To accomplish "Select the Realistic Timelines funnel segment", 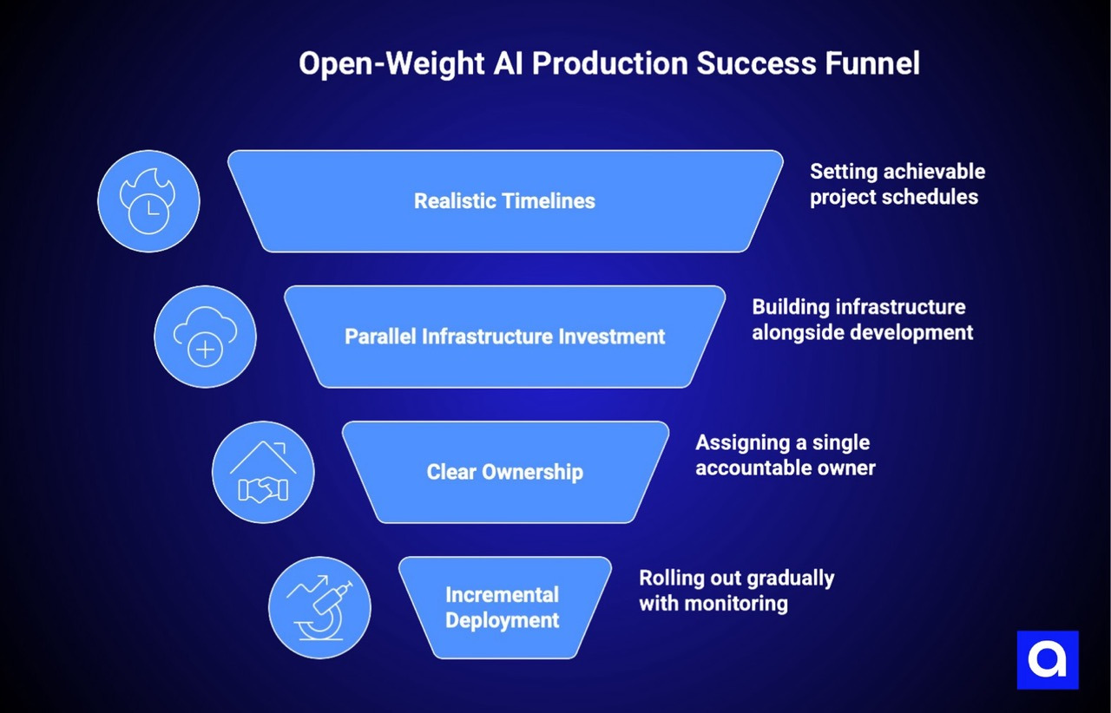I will pos(504,201).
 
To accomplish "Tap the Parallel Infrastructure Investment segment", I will pos(504,337).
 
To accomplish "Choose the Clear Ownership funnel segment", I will pos(504,472).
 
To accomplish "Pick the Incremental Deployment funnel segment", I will pos(503,607).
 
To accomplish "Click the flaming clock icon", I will pos(148,201).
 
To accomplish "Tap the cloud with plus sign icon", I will pos(205,337).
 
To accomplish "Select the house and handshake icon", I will pos(263,472).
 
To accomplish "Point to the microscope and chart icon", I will pos(319,607).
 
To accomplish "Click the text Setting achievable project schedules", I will pos(897,184).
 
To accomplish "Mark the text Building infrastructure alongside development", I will pos(862,319).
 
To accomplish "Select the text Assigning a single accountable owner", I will pos(785,455).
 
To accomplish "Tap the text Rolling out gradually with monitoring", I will pos(736,591).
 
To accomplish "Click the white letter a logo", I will pos(1048,659).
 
